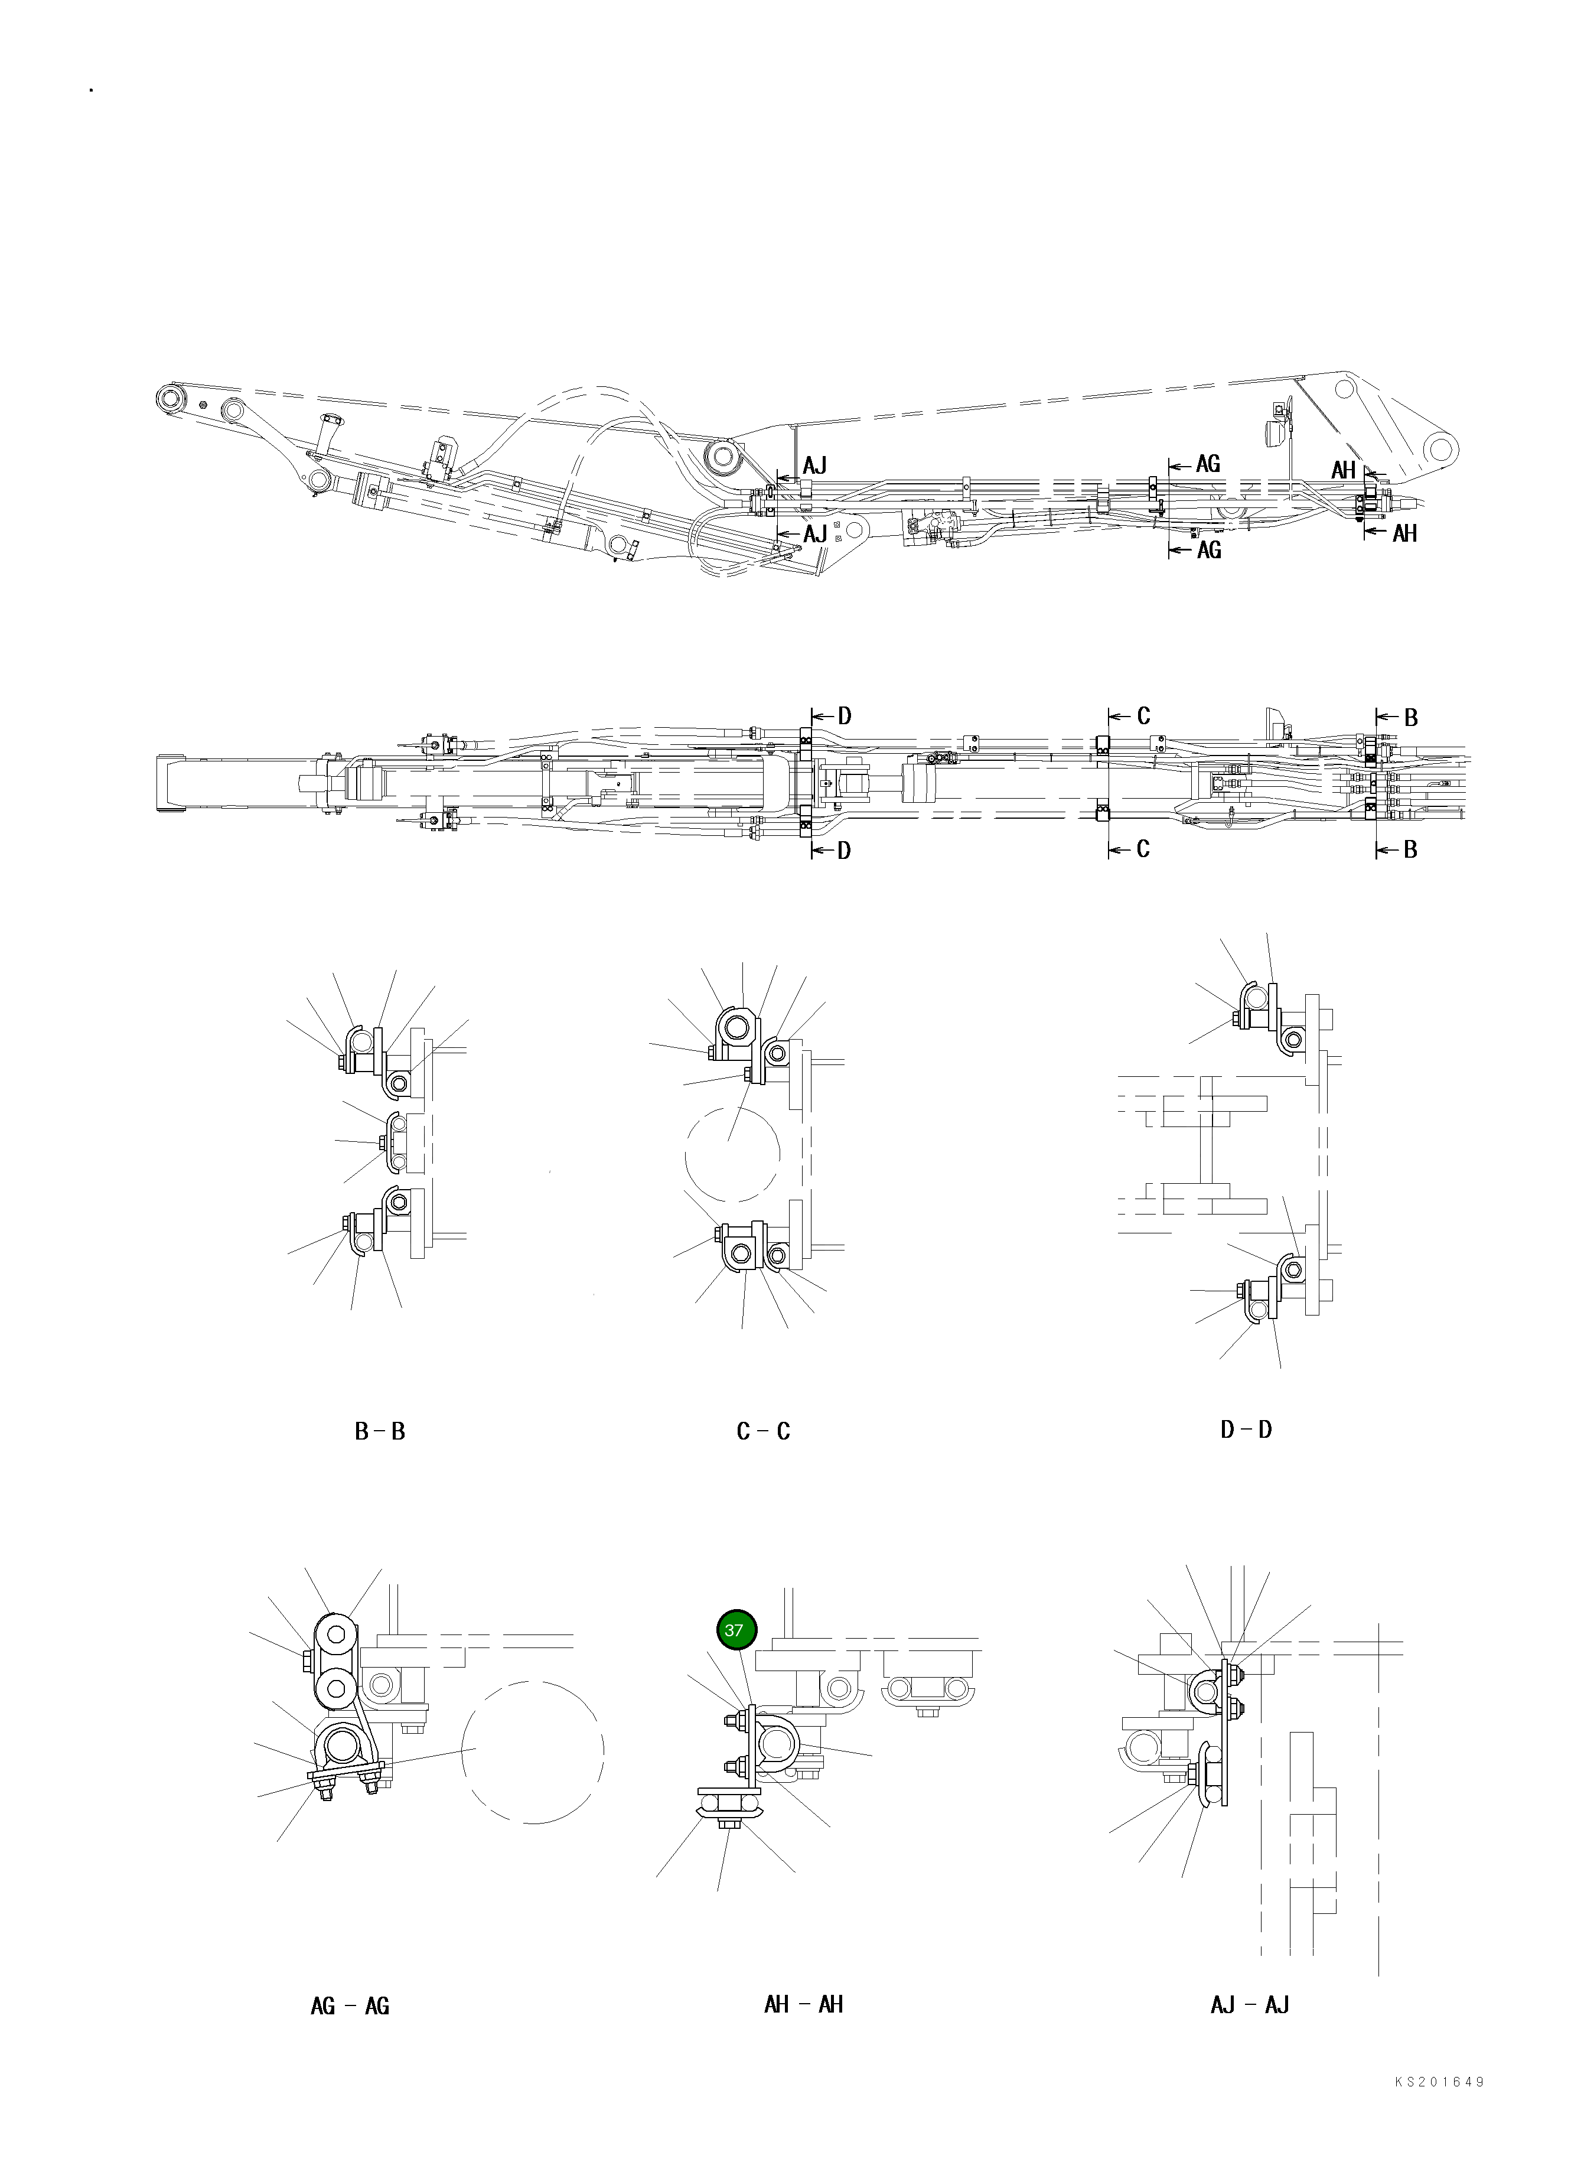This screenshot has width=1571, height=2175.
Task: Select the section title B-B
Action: pos(380,1432)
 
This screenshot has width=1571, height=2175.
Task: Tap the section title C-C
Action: pos(764,1432)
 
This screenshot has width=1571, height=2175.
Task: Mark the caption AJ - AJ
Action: pos(1250,2004)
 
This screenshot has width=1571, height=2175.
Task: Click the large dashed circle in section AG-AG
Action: pos(533,1751)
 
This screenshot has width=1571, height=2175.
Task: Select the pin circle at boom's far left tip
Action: pos(172,399)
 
